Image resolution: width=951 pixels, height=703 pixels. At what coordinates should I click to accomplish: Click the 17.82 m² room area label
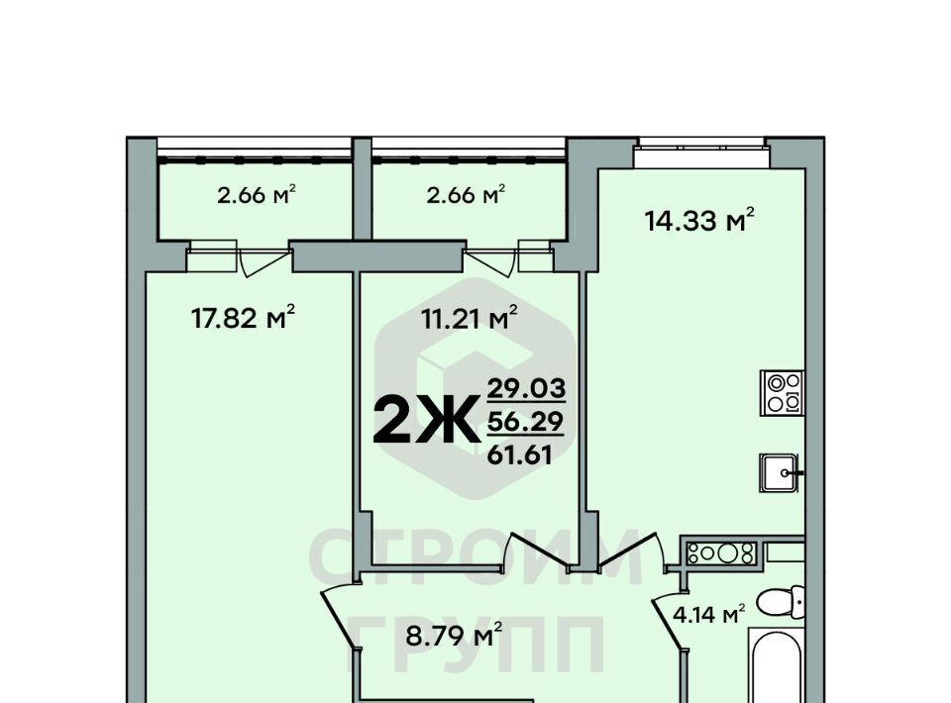pos(243,317)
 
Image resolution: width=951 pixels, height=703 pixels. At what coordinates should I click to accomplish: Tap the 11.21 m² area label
pos(470,317)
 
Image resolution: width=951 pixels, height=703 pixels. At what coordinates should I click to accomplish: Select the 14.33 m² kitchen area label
pos(698,220)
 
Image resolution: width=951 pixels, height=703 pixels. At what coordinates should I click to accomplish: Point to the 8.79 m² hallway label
pos(454,635)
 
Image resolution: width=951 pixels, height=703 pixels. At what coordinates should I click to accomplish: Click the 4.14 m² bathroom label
pos(708,615)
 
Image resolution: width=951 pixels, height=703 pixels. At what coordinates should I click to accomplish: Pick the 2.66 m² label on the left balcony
pos(256,195)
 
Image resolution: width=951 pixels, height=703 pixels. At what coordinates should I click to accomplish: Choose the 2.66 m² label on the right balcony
pos(466,195)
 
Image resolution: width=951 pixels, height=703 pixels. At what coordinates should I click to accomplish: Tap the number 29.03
pos(526,387)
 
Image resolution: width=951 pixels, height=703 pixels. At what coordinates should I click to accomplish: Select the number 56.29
pos(525,421)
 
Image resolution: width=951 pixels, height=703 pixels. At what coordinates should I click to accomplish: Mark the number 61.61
pos(520,454)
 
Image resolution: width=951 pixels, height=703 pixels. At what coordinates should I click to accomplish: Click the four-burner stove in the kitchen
pos(783,393)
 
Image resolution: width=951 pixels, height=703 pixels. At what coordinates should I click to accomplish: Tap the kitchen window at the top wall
pos(702,152)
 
